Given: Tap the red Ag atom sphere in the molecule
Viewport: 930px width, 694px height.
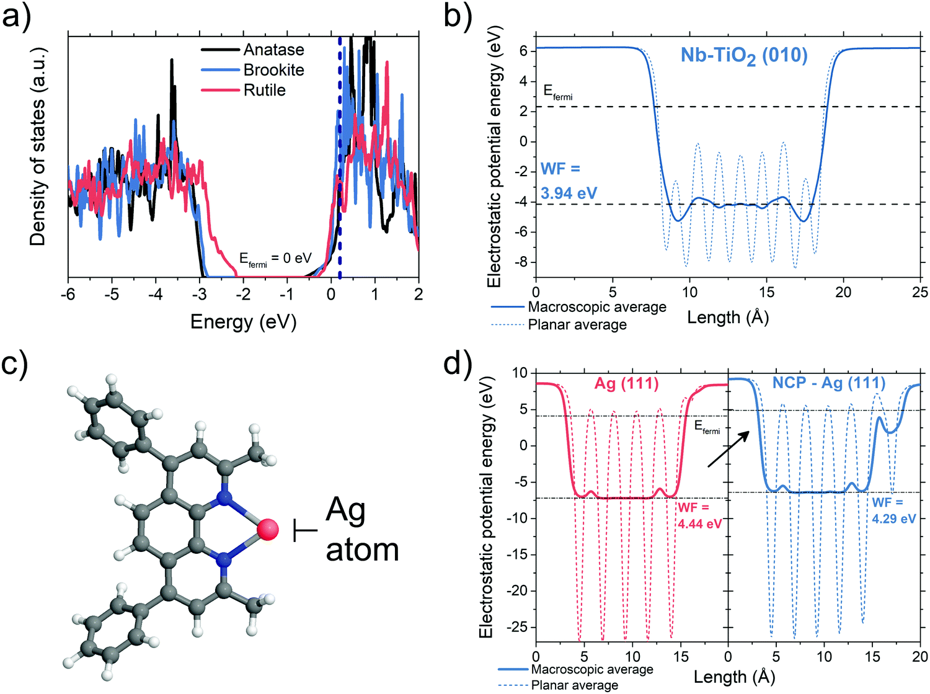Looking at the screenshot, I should (x=268, y=530).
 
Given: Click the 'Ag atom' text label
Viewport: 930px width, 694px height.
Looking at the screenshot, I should (x=361, y=530).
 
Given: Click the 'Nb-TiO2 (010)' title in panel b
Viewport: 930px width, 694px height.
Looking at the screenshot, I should (x=744, y=56).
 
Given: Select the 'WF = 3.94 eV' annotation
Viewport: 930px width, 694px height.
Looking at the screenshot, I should (x=568, y=181).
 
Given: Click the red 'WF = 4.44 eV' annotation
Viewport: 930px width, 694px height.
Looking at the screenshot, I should (x=699, y=515).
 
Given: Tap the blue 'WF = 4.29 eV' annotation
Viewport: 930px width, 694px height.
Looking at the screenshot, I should (x=893, y=510).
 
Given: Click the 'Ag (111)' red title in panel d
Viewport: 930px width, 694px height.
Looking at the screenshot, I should (x=626, y=383).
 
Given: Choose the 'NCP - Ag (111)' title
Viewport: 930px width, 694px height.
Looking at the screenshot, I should (x=828, y=383).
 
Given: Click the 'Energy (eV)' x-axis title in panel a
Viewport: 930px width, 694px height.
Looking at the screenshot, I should (x=243, y=322).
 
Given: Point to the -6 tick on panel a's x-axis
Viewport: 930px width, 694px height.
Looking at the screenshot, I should (x=68, y=294).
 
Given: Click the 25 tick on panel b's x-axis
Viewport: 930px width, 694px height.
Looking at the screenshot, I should (x=919, y=292).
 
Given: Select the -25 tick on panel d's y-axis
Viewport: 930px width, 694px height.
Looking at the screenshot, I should (x=518, y=627).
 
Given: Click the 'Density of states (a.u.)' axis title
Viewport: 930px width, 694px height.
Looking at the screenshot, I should (x=37, y=146).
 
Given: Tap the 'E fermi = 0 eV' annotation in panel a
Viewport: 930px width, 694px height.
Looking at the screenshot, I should (x=275, y=259).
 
